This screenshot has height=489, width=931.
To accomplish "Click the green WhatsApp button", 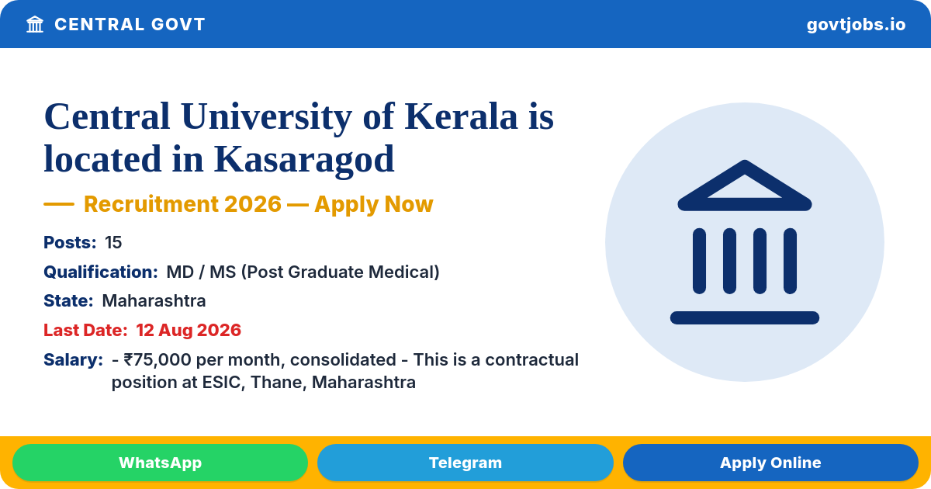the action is [160, 463].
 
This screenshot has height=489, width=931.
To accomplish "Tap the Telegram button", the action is [465, 463].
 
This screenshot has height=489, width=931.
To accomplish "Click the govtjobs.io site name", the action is [856, 25].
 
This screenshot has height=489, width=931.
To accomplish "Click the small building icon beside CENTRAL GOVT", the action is [35, 24].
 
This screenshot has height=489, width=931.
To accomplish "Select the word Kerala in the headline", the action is [461, 116].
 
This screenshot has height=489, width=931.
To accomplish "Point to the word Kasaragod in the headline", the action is [304, 159].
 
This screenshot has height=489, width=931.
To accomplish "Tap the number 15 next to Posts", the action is [113, 242].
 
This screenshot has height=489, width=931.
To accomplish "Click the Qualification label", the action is [101, 272].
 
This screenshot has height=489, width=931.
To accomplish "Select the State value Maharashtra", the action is [154, 300].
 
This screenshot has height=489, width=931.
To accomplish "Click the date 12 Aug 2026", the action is [189, 330].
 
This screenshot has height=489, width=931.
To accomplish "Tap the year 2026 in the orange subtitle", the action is [253, 204].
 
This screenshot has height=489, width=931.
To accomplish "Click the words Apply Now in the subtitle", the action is [374, 205].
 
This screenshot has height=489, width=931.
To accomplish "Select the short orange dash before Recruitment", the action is [59, 204].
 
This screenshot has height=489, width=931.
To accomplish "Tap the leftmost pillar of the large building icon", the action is [699, 261].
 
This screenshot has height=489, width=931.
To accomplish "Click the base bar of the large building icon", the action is [744, 317].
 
